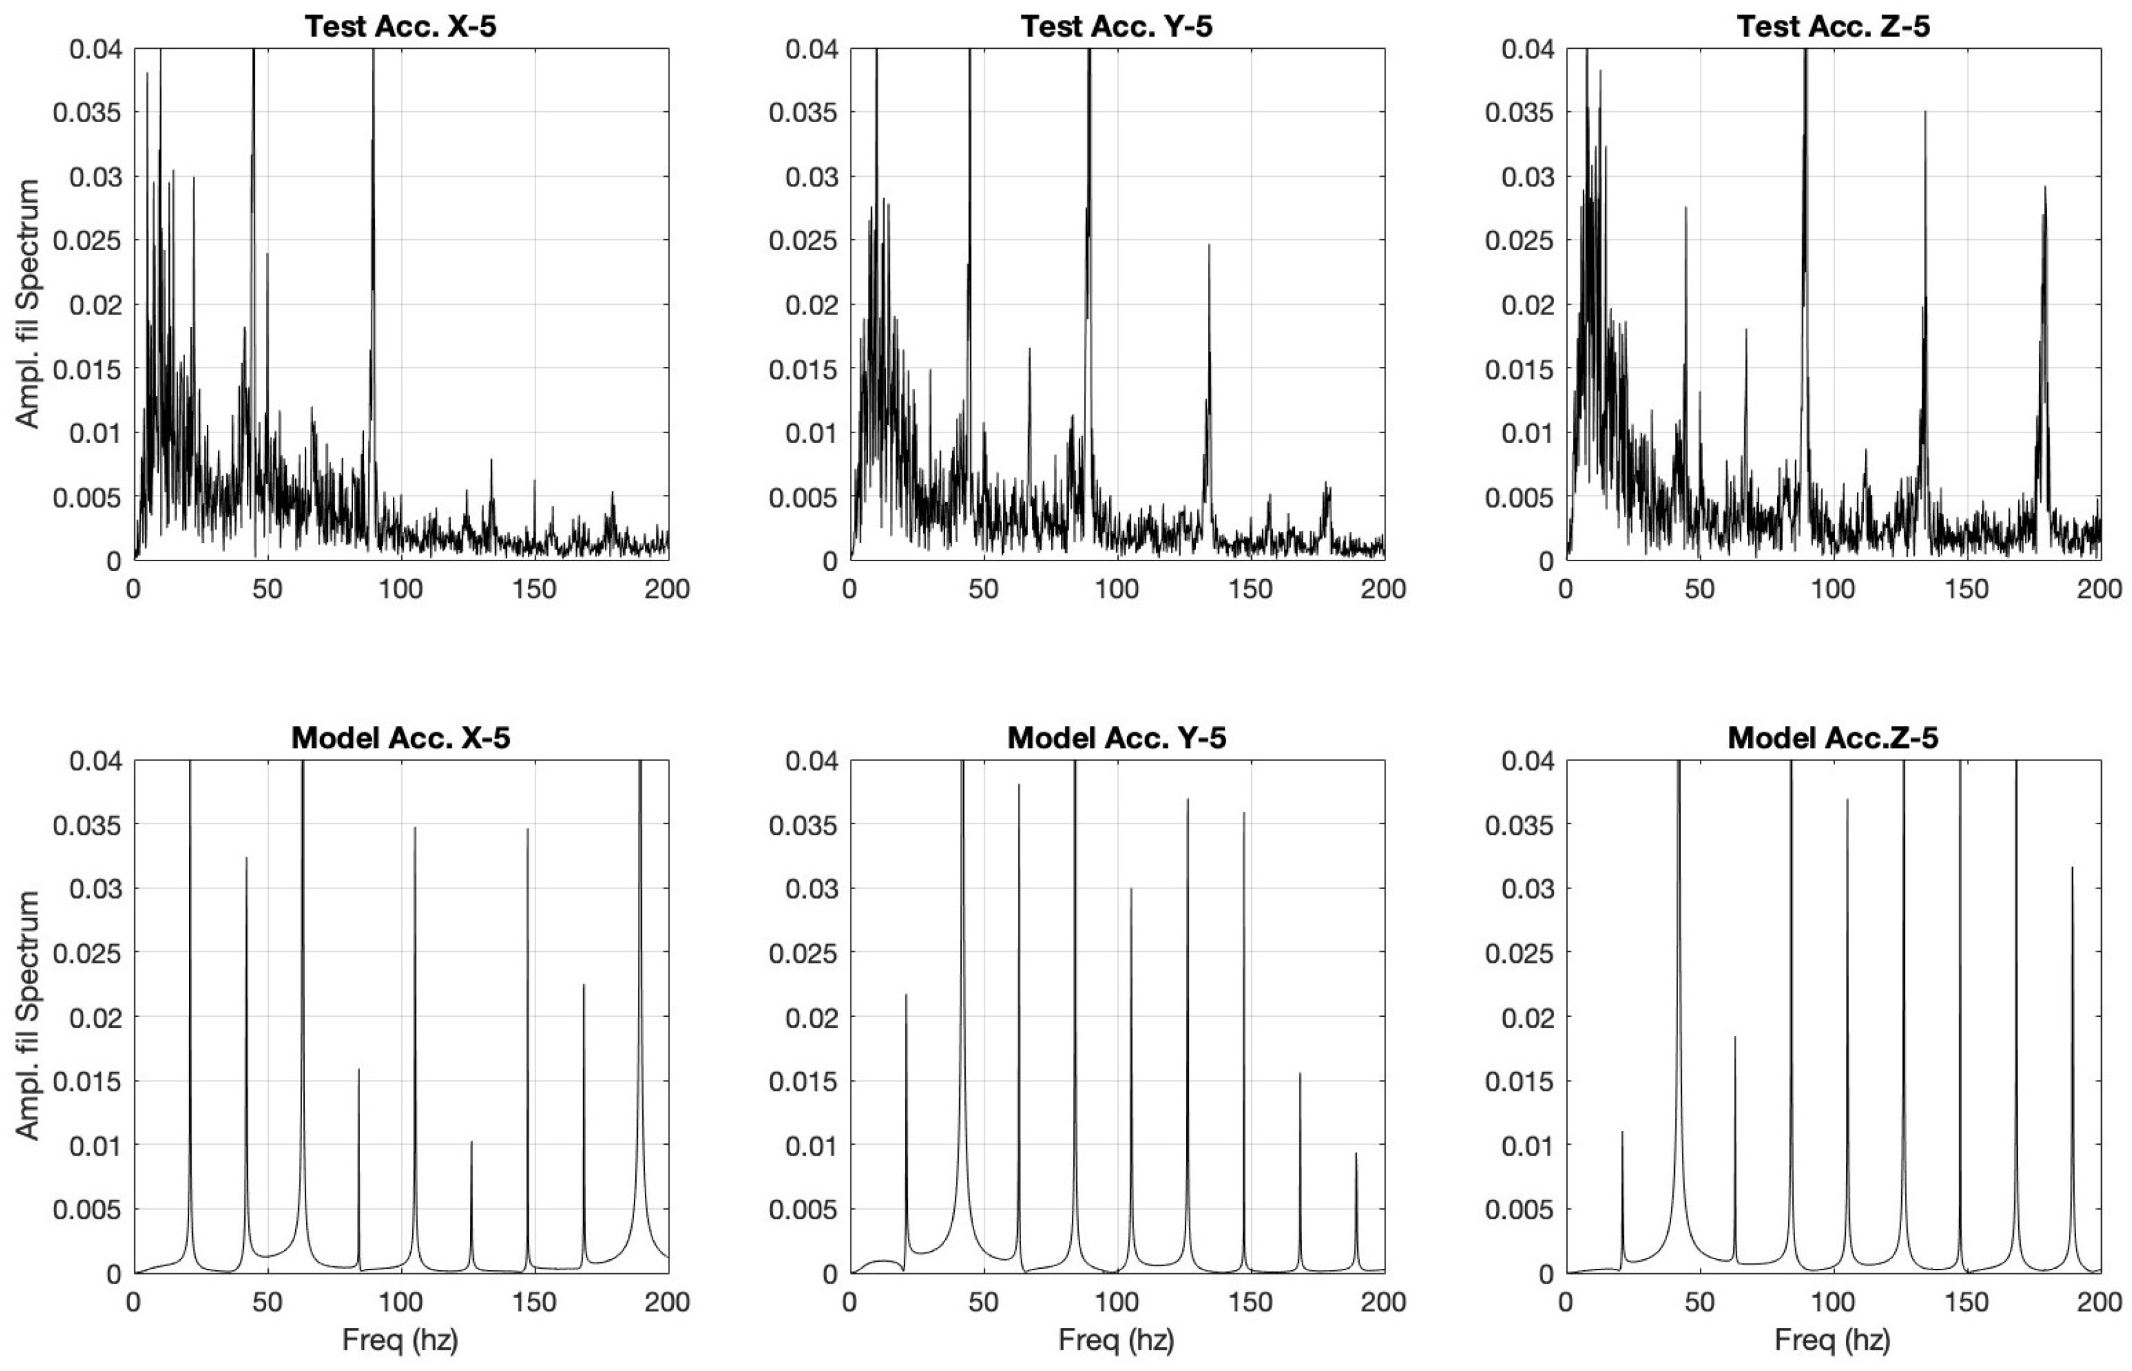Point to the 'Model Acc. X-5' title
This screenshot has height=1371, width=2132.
coord(400,738)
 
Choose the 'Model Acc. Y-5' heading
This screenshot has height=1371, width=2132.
coord(1116,738)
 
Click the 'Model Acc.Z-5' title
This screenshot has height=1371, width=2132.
coord(1833,738)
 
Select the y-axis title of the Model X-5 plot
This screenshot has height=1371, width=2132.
coord(28,1016)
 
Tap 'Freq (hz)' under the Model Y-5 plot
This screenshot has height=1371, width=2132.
coord(1116,1340)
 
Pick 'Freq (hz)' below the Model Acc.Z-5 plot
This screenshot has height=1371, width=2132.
coord(1833,1340)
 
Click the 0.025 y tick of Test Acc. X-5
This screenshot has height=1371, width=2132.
coord(87,241)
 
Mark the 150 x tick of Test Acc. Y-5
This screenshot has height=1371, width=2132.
coord(1251,589)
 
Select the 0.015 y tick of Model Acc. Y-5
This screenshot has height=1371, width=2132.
coord(803,1082)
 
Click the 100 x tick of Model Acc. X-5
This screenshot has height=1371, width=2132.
coord(401,1302)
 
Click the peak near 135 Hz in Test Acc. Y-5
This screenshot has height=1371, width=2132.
coord(1209,246)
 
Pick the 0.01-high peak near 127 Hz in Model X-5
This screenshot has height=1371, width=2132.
coord(471,1143)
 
